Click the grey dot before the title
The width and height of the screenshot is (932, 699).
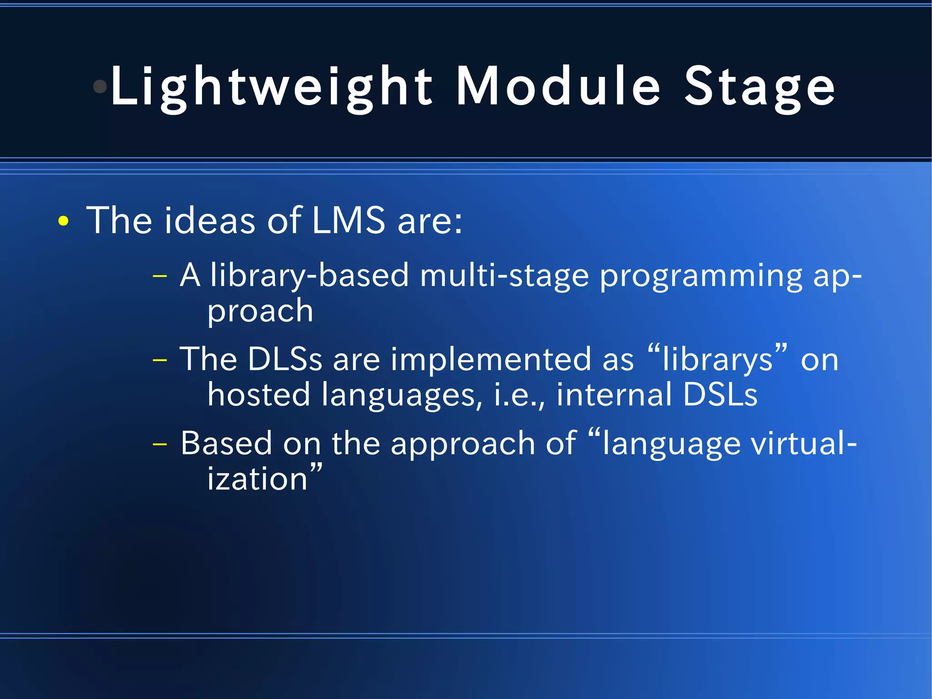click(100, 86)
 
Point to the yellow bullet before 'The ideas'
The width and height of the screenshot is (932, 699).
click(63, 222)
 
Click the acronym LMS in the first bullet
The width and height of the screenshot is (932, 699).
click(349, 220)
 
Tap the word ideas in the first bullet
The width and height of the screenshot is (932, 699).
click(210, 220)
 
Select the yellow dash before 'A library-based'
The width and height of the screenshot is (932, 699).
click(160, 276)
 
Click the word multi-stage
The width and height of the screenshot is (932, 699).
click(504, 276)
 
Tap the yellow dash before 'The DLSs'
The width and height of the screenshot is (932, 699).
click(160, 360)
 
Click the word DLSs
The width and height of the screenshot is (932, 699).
click(285, 359)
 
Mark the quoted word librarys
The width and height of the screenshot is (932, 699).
click(717, 360)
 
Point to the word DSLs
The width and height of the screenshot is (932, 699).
click(720, 394)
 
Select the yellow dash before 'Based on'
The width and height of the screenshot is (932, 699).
click(160, 444)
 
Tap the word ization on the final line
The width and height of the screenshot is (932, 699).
click(258, 480)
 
